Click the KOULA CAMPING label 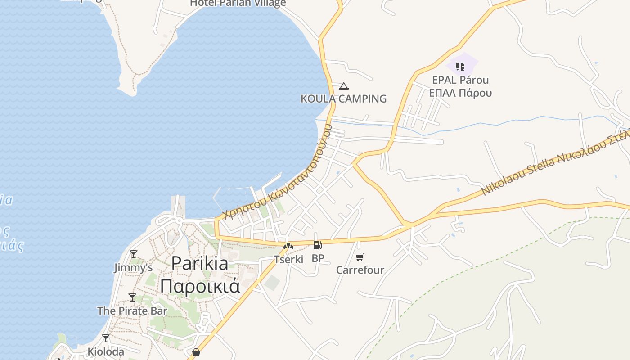pos(343,99)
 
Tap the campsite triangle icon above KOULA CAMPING pos(344,86)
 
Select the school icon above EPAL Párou pos(460,67)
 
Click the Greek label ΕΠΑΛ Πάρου pos(460,93)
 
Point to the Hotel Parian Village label pos(238,3)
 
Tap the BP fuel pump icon pos(317,245)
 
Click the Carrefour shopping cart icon pos(360,257)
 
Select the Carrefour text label pos(360,270)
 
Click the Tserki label pos(288,259)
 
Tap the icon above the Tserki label pos(288,246)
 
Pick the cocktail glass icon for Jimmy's pos(133,254)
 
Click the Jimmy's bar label pos(133,268)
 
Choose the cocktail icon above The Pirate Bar pos(132,297)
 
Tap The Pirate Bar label pos(132,310)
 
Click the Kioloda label pos(106,351)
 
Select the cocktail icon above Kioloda pos(106,338)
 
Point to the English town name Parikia pos(200,263)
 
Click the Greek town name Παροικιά pos(200,286)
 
